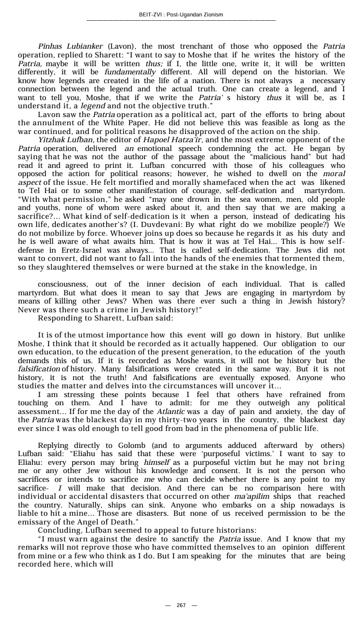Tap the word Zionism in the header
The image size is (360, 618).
[212, 14]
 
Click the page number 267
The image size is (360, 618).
[181, 605]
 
